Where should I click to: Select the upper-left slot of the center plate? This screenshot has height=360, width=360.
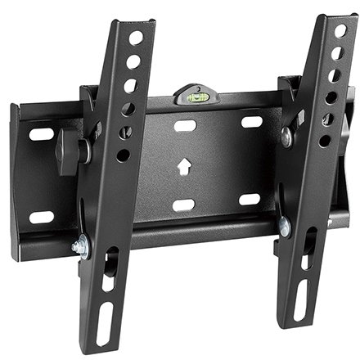point(186,126)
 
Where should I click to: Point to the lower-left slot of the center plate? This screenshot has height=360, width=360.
point(183,205)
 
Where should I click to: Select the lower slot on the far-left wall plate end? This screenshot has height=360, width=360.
point(41,218)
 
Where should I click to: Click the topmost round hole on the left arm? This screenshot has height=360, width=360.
point(136,37)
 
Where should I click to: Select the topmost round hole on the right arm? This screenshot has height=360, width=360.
point(340,31)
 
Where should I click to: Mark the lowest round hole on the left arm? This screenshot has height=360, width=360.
point(123,154)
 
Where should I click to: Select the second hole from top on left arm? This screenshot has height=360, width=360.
point(133,61)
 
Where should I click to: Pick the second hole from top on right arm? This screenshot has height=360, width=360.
point(336,53)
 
